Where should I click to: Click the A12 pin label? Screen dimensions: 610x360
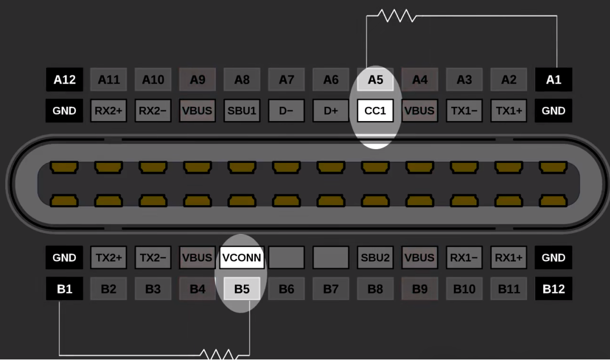coord(65,79)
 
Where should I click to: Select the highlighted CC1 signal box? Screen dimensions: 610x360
coord(375,110)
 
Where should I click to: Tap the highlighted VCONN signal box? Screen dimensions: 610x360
coord(242,257)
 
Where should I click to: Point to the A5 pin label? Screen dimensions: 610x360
coord(375,79)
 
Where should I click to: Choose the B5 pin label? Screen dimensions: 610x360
coord(242,289)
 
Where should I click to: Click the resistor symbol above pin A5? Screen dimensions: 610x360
coord(397,16)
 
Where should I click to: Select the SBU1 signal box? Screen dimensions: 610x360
coord(242,110)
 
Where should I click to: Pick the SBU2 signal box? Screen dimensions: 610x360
coord(375,257)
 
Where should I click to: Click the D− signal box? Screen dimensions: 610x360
coord(286,110)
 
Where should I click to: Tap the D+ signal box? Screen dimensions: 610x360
coord(331,110)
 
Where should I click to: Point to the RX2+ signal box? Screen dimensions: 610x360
coord(109,110)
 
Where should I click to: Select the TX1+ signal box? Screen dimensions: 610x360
coord(509,110)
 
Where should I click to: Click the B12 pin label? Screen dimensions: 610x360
coord(553,289)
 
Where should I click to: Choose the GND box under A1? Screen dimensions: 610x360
coord(553,110)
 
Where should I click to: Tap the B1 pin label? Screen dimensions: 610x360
coord(65,289)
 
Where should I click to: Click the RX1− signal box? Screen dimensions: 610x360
coord(464,257)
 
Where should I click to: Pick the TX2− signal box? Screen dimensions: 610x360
coord(153,257)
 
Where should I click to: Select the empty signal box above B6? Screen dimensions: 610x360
coord(286,257)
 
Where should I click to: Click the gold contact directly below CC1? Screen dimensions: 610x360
coord(375,167)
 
